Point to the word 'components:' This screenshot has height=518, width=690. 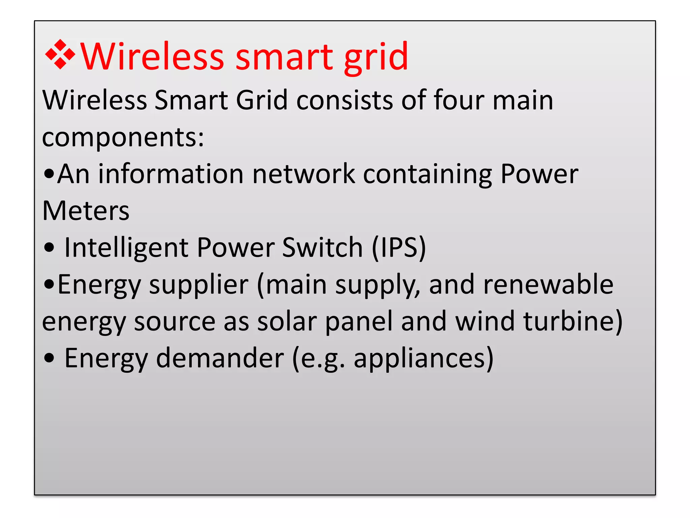pyautogui.click(x=123, y=138)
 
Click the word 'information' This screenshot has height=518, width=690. pyautogui.click(x=171, y=174)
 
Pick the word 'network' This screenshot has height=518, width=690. pyautogui.click(x=304, y=174)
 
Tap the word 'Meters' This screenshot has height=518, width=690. pyautogui.click(x=86, y=211)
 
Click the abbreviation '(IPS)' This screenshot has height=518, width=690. pyautogui.click(x=399, y=248)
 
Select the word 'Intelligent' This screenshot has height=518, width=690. pyautogui.click(x=126, y=248)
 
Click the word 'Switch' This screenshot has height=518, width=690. pyautogui.click(x=322, y=248)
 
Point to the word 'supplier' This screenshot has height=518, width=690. pyautogui.click(x=198, y=285)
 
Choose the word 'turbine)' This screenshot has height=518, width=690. pyautogui.click(x=573, y=321)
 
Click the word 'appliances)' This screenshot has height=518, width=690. pyautogui.click(x=424, y=358)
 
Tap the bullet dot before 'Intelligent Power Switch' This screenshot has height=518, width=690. pyautogui.click(x=49, y=248)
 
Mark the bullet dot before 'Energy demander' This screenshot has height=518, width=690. pyautogui.click(x=49, y=358)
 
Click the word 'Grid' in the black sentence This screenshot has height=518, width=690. pyautogui.click(x=261, y=100)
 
